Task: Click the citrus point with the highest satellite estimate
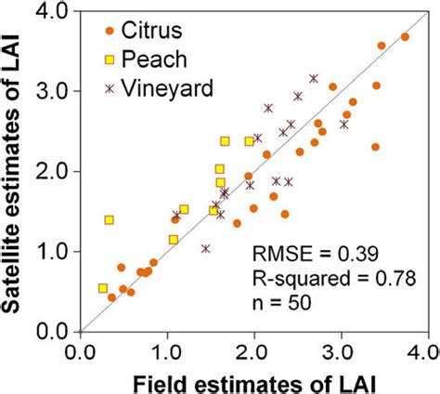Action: tap(405, 37)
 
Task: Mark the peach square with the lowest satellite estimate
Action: tap(103, 288)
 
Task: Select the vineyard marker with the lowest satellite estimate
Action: tap(205, 248)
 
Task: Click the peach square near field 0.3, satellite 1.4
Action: tap(109, 220)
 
